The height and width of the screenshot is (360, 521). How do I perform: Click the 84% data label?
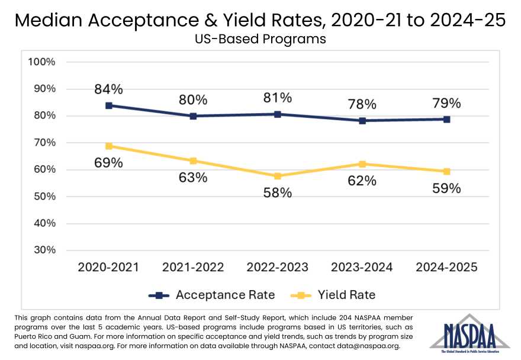click(x=109, y=89)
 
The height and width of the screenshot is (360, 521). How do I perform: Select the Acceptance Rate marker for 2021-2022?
click(x=193, y=116)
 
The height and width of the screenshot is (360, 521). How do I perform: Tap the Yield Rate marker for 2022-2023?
click(x=278, y=176)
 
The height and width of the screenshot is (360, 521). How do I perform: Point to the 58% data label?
click(x=278, y=192)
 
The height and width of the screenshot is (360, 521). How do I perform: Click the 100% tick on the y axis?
click(x=42, y=62)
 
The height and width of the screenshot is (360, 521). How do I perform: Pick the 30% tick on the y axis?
click(x=44, y=250)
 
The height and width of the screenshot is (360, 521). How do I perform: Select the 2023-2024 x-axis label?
click(x=362, y=267)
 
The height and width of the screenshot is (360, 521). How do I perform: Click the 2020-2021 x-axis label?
click(x=109, y=267)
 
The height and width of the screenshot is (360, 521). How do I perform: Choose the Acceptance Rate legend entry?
click(x=211, y=295)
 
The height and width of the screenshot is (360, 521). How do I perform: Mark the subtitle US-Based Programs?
click(x=260, y=40)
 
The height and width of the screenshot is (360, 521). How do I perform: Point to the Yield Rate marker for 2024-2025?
click(x=446, y=172)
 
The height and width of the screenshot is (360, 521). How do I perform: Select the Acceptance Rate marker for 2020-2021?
click(x=109, y=105)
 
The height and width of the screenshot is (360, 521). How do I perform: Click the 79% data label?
click(x=446, y=103)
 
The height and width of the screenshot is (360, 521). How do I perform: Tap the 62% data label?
click(x=362, y=181)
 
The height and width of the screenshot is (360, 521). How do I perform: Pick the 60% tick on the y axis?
click(x=44, y=169)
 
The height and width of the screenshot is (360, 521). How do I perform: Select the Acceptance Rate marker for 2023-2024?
click(x=362, y=121)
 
